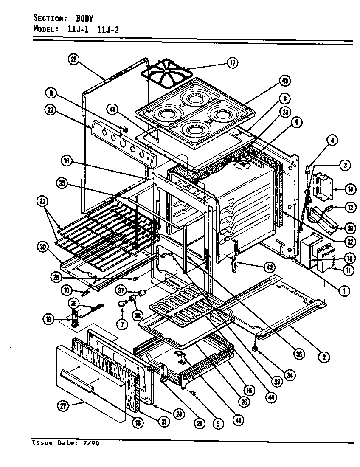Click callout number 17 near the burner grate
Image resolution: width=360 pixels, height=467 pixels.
coord(232,63)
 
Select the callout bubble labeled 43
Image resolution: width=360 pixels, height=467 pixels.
coord(285,81)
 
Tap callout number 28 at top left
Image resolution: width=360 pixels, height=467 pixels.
coord(74,60)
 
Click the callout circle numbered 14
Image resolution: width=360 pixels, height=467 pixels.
coord(351,189)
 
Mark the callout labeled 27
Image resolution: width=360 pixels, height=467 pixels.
coord(63,405)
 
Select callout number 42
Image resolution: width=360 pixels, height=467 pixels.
coord(270,267)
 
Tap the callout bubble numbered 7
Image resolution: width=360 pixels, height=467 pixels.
coord(123,324)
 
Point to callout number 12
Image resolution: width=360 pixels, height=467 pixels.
coord(350,208)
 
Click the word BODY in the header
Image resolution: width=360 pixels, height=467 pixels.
coord(84,18)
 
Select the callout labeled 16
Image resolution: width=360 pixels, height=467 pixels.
coord(66,161)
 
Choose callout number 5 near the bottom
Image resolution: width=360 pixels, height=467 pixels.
coord(218,423)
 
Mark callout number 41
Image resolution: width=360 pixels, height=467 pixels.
coord(112,109)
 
